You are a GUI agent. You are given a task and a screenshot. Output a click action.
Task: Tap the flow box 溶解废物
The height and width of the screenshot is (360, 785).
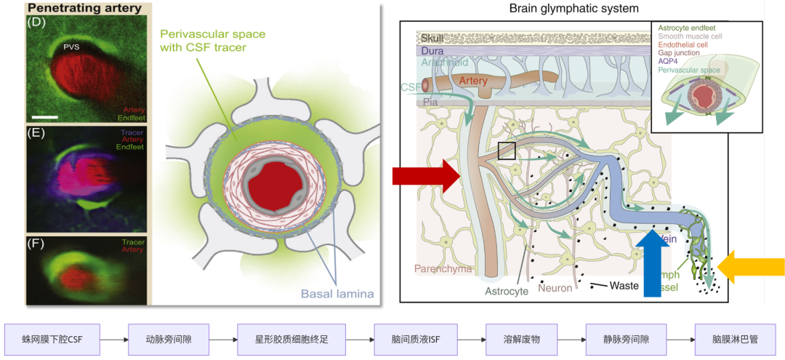[x=523, y=340]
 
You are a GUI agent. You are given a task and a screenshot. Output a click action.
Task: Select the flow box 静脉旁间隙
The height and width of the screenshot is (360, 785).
[x=627, y=340]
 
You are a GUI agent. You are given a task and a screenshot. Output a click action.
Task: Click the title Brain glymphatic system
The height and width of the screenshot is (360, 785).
[x=574, y=9]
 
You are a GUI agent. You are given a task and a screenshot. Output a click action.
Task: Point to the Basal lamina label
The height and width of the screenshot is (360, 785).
[x=337, y=294]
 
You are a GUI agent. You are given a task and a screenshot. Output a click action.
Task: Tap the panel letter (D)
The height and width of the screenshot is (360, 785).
[x=36, y=21]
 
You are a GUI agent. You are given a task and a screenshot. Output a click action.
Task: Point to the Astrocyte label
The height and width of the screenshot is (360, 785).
[x=507, y=291]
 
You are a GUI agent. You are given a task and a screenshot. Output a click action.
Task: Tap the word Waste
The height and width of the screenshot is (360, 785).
[x=624, y=286]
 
